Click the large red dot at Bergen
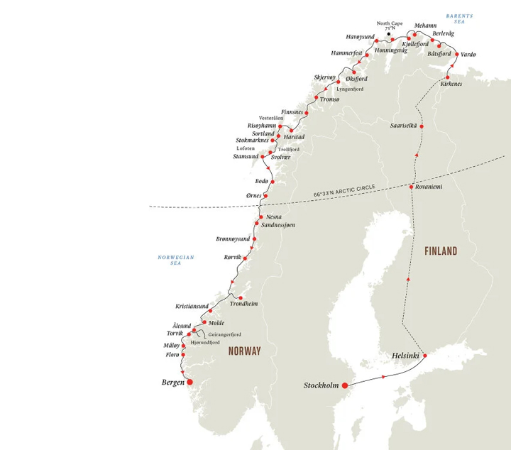pos(189,381)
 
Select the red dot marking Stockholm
pos(345,385)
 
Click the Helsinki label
pos(407,356)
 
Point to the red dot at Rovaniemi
pos(411,187)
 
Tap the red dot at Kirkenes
pos(447,77)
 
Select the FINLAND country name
pos(441,251)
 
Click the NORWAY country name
pos(244,351)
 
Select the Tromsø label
pos(330,99)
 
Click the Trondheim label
pos(244,304)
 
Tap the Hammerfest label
pos(347,53)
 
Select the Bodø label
pos(262,182)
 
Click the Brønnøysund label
pos(233,238)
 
